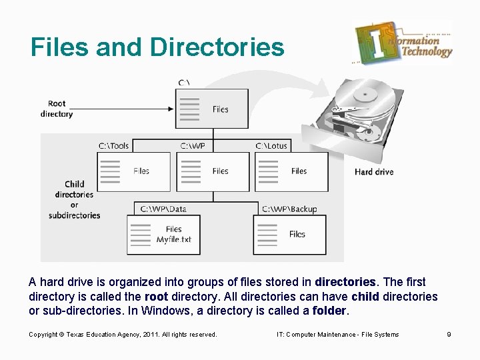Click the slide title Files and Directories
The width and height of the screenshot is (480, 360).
(157, 47)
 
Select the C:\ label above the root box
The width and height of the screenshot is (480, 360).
(185, 83)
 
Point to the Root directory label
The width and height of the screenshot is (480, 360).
(57, 109)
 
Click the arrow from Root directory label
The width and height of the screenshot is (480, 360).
(123, 109)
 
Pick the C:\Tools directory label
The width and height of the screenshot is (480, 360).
(114, 146)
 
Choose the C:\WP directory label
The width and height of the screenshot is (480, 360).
(193, 146)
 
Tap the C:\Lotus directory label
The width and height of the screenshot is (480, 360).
(271, 146)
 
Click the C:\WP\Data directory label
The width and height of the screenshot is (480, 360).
(163, 209)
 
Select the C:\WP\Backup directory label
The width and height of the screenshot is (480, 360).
(290, 209)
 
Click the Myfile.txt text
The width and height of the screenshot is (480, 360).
(174, 239)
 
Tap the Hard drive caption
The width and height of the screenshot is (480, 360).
(374, 172)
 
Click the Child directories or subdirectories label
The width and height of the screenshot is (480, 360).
(74, 199)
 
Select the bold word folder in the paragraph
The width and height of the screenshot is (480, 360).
(329, 311)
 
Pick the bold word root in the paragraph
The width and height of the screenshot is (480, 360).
(156, 297)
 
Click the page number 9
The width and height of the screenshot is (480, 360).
(449, 334)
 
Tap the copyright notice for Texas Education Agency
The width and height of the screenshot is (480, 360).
(123, 334)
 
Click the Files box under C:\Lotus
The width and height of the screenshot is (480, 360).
(291, 171)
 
